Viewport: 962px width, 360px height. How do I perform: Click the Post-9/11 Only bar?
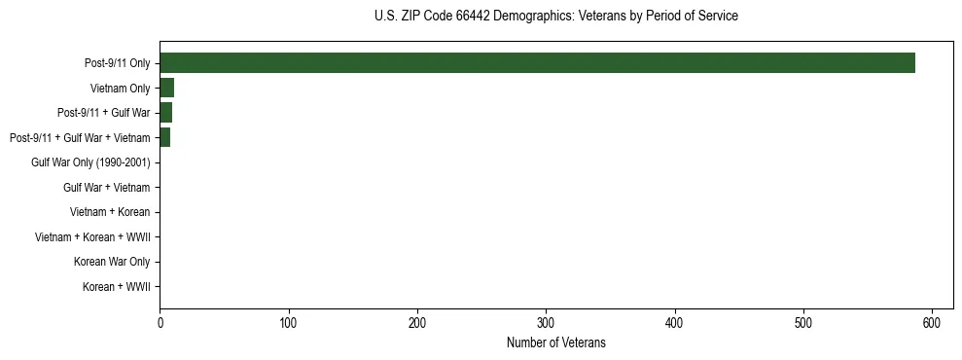point(537,63)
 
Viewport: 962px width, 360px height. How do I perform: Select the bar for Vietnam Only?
point(166,89)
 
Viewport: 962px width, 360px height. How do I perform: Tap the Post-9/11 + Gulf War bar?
point(165,113)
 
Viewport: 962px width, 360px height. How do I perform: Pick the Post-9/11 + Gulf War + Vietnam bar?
point(164,138)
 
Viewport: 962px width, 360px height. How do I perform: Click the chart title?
point(556,17)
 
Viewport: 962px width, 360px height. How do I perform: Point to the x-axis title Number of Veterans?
point(556,342)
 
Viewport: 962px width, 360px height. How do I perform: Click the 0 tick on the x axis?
point(160,322)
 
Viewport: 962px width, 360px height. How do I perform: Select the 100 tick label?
point(288,322)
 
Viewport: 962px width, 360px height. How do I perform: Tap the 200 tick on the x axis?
point(417,322)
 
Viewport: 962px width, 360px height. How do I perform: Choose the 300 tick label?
point(546,322)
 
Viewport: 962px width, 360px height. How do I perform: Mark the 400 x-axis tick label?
point(675,322)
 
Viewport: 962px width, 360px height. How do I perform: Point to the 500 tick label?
point(803,322)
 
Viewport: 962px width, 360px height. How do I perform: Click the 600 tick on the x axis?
point(932,322)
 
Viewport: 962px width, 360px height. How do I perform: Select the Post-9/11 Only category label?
point(118,63)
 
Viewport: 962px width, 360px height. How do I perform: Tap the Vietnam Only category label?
point(121,89)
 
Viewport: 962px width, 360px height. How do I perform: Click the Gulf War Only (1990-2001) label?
point(90,162)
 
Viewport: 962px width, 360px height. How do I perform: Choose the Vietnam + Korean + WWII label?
point(92,237)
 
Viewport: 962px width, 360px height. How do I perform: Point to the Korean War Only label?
point(112,262)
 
